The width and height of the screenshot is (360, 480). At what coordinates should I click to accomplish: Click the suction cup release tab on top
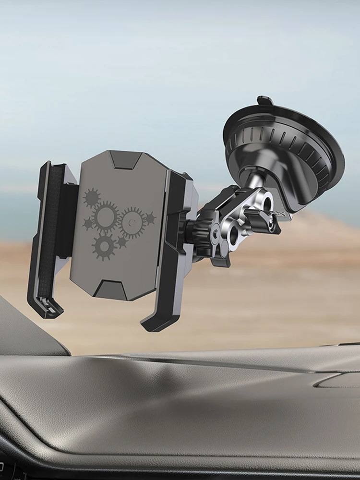click(265, 101)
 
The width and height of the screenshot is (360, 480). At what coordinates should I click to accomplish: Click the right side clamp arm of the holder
click(178, 240)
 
